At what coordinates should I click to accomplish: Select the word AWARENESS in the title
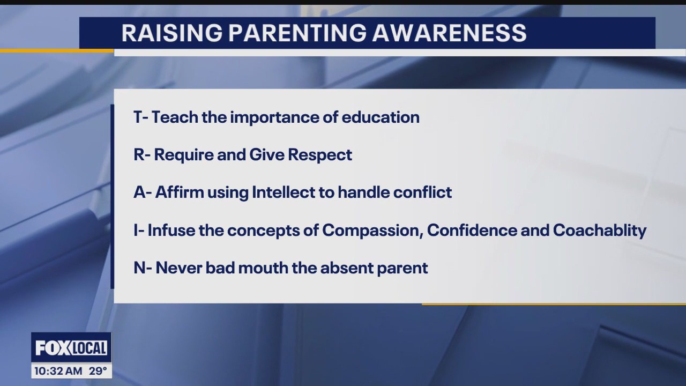(450, 33)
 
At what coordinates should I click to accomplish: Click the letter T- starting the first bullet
(140, 117)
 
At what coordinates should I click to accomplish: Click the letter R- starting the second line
(141, 155)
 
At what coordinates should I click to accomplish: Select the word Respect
(320, 155)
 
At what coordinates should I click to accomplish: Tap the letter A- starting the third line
(142, 192)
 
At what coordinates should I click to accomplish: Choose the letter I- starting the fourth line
(138, 231)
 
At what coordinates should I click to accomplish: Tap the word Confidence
(467, 231)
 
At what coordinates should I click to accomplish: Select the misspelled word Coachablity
(600, 231)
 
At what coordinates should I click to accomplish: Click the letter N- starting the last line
(143, 268)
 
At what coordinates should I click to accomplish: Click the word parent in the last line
(402, 268)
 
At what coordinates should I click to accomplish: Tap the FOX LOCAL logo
(71, 348)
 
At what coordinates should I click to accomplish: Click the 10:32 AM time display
(58, 370)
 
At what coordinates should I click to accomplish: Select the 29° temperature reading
(97, 370)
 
